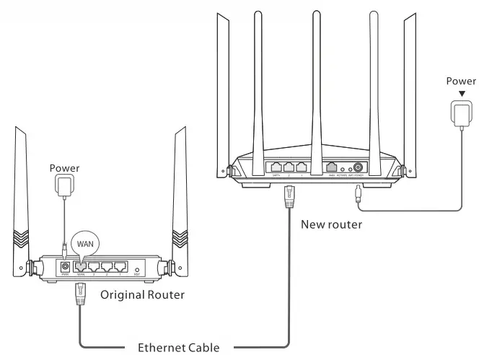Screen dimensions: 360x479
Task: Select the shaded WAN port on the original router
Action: coord(80,266)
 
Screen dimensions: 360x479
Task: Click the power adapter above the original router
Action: coord(65,186)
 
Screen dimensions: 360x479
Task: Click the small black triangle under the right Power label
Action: coord(460,94)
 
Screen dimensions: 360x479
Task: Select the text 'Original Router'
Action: coord(143,294)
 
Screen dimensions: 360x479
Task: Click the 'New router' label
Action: coord(331,224)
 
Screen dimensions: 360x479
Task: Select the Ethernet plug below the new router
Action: coord(289,196)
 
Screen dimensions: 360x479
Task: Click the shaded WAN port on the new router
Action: coord(331,167)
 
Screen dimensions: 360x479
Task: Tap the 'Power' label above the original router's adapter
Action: coord(64,168)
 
